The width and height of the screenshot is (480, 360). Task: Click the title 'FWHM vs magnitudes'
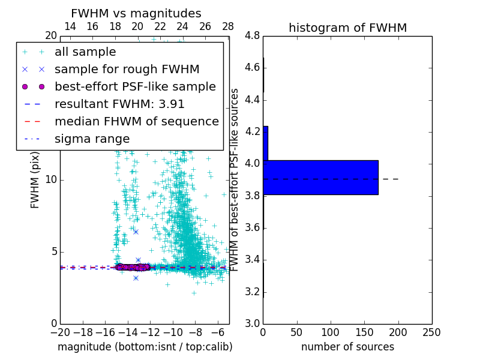136,13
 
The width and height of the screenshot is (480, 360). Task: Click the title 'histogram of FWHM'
347,28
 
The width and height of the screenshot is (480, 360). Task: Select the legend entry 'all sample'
85,52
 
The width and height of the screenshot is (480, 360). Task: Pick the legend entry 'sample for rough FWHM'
127,70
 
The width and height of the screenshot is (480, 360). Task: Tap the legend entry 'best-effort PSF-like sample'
135,87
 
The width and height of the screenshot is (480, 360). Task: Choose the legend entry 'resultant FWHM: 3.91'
119,104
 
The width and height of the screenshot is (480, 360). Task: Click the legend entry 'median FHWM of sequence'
137,122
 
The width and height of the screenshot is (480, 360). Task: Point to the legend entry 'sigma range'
92,139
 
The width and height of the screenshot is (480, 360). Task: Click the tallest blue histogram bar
320,178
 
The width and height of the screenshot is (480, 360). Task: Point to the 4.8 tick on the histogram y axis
252,36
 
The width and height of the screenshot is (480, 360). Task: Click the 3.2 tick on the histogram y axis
252,292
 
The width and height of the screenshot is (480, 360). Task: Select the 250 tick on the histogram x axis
431,332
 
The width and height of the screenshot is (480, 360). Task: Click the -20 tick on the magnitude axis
60,332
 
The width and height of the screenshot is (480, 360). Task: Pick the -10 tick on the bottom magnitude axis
173,332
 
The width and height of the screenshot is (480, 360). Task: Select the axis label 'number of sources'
347,347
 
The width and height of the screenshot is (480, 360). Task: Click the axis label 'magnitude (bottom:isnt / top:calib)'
145,347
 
